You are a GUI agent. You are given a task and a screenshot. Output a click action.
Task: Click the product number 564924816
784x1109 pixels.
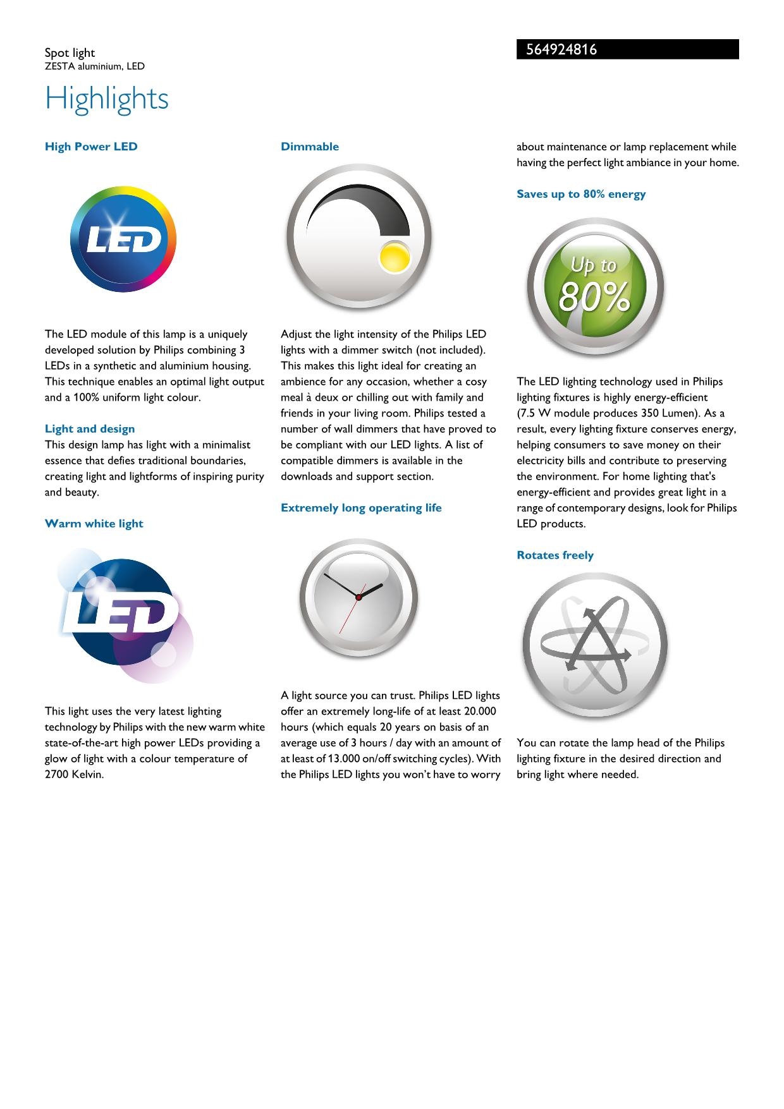(x=561, y=50)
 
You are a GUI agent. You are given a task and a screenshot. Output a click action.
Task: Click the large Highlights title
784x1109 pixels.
(x=107, y=99)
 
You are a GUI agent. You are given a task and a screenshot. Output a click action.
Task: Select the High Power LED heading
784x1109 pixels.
(x=91, y=147)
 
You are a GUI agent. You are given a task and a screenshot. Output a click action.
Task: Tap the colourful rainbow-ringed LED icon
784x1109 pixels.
(x=123, y=239)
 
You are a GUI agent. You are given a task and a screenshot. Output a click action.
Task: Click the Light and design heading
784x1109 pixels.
(x=90, y=429)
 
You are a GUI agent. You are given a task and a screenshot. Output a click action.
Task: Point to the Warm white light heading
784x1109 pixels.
(x=94, y=524)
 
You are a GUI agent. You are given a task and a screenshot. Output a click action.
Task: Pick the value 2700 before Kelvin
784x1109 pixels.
(x=58, y=775)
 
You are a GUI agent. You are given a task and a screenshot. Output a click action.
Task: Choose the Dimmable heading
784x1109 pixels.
(x=310, y=147)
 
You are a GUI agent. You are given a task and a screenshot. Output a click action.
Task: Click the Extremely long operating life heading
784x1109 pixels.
(x=361, y=508)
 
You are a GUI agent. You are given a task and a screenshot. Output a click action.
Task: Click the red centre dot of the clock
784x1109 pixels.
(x=358, y=597)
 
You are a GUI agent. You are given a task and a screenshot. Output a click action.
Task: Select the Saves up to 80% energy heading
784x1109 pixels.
(x=581, y=194)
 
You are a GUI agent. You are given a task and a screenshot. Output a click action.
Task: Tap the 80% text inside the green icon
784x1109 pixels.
(x=594, y=297)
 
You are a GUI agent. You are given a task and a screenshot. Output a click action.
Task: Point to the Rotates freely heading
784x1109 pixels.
(x=555, y=555)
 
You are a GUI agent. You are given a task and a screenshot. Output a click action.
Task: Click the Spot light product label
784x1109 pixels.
(x=70, y=53)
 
